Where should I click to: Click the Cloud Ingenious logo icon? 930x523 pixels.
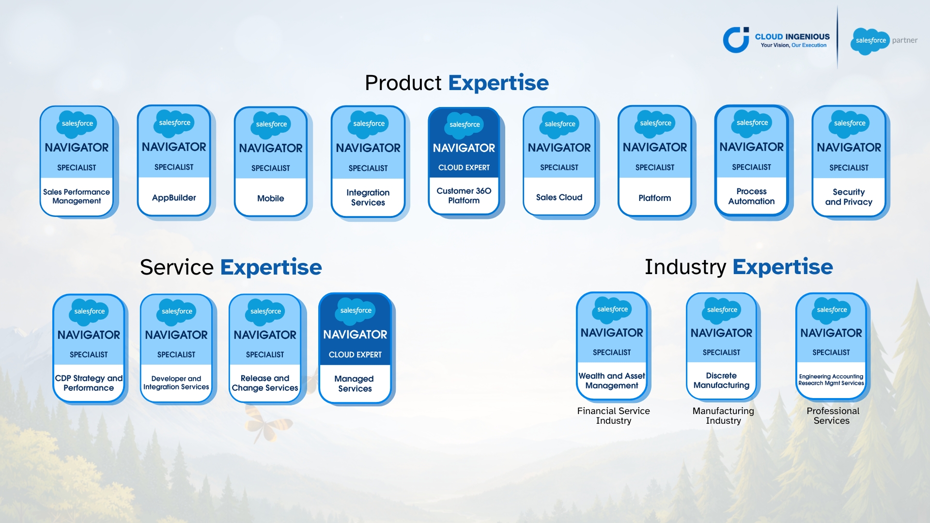point(736,40)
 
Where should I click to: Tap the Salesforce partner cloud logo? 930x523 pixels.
point(870,41)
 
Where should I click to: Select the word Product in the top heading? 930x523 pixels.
point(403,83)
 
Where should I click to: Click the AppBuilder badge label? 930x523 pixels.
point(174,198)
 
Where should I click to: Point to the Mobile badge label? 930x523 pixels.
point(271,198)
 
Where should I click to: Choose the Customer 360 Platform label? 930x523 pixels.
point(464,196)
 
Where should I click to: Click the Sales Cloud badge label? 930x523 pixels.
point(559,197)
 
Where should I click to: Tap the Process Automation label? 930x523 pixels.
point(751,196)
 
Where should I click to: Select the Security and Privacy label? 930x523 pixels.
point(849,197)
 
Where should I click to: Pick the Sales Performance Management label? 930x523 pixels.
point(77,196)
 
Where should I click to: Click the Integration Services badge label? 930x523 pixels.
point(368,198)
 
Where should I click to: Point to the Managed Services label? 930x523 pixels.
point(355,384)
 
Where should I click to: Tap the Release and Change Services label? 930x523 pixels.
point(265,383)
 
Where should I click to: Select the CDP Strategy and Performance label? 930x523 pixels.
point(89,383)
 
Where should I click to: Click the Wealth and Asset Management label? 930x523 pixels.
point(612,381)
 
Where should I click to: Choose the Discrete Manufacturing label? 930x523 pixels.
point(721,380)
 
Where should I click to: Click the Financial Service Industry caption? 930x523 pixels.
point(614,415)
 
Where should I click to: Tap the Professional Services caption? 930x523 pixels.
point(833,415)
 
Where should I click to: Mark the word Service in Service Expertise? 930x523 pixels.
point(177,267)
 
